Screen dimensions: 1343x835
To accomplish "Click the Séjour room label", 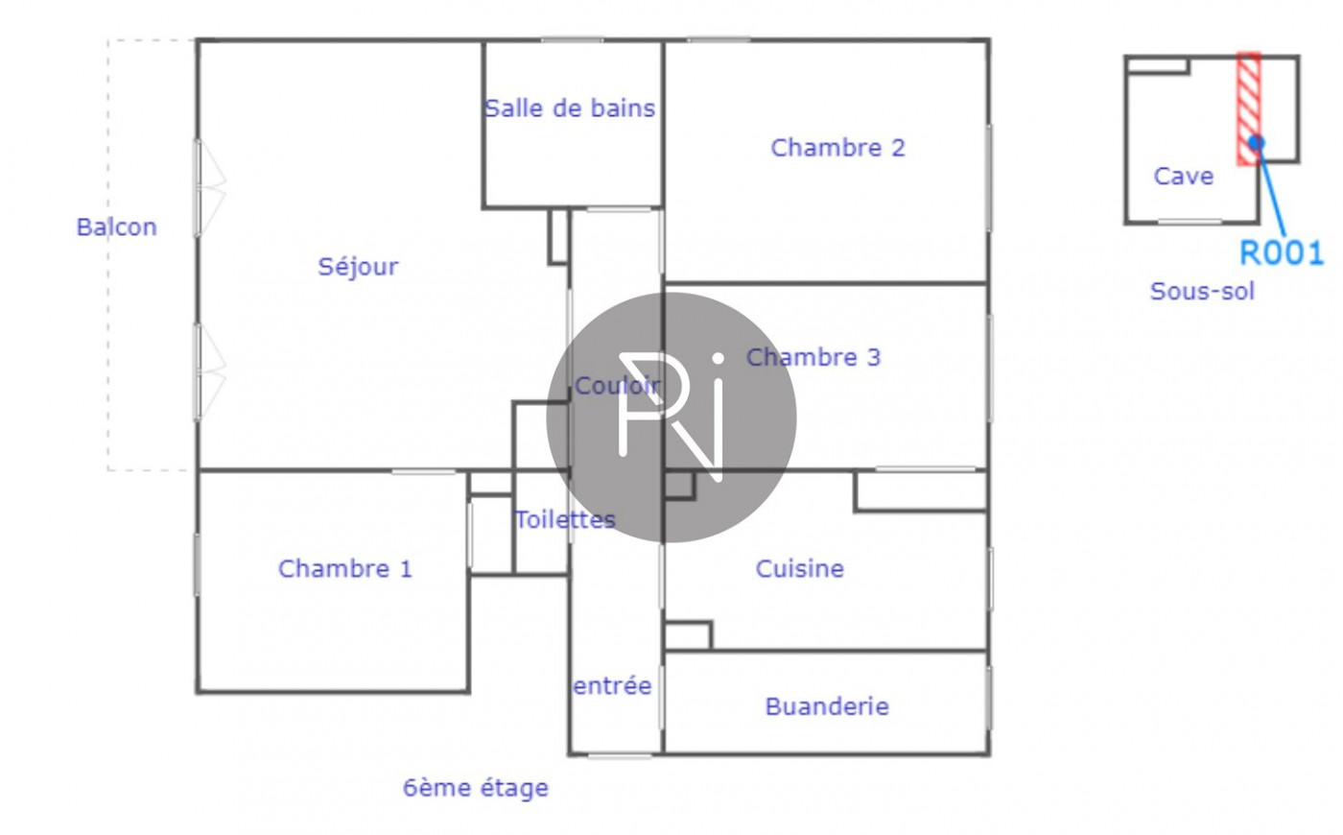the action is (358, 266).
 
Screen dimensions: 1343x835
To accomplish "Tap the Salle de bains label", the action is (570, 108).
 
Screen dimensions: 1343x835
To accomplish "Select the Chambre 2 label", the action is (837, 148).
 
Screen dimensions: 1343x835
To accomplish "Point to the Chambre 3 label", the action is (813, 357).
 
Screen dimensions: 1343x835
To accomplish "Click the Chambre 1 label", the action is (344, 568).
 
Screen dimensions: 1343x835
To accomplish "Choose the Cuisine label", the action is (799, 568).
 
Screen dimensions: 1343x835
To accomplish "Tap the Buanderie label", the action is (826, 706).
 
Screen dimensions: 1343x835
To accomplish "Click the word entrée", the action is (612, 685).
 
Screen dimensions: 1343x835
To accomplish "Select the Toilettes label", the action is (565, 519).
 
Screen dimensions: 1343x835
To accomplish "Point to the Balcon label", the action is (116, 227).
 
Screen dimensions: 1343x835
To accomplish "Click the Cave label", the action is (1183, 176).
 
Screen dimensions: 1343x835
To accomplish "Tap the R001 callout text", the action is (1281, 253).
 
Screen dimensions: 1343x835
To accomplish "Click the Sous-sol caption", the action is (1202, 291).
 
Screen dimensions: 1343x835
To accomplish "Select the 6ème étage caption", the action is (475, 788).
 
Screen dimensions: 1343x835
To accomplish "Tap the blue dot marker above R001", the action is (1257, 143).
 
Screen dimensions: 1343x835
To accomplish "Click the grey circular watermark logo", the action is (671, 417).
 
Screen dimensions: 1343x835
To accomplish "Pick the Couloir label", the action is (616, 386).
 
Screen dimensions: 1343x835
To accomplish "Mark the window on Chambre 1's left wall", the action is (198, 564).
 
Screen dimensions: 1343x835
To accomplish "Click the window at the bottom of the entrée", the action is (619, 755).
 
